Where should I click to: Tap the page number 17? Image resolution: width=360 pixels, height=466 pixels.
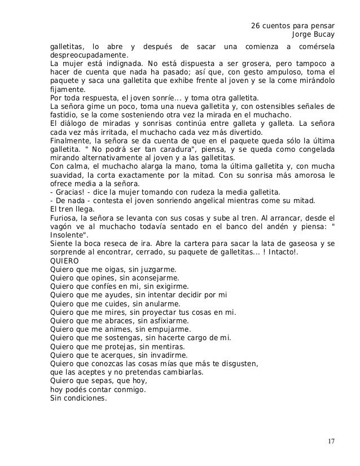[330, 440]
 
